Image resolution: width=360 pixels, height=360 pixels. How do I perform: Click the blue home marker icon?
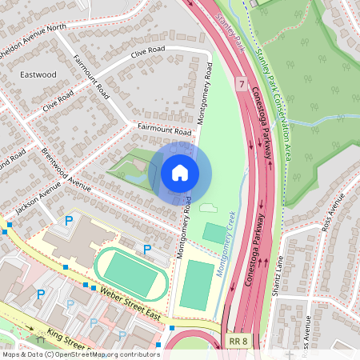(180, 173)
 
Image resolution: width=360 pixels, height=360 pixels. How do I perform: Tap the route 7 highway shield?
(240, 83)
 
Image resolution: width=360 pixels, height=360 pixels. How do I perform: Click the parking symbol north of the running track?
(147, 250)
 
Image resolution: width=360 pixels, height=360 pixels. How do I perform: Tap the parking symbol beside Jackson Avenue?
(69, 220)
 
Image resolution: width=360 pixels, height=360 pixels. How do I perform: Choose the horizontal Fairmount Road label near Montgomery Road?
(164, 129)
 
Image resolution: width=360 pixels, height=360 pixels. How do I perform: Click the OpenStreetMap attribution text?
(80, 354)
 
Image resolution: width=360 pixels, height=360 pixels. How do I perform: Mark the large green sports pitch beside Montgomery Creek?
(196, 285)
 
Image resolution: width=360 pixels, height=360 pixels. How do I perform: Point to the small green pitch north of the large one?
(214, 234)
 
